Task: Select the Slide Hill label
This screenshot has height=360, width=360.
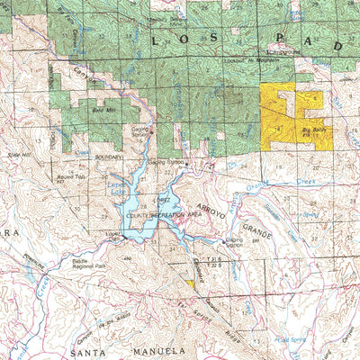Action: pos(20,155)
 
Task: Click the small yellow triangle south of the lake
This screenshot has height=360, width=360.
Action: pos(190,283)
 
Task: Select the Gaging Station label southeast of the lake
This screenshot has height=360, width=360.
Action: pos(233,242)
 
